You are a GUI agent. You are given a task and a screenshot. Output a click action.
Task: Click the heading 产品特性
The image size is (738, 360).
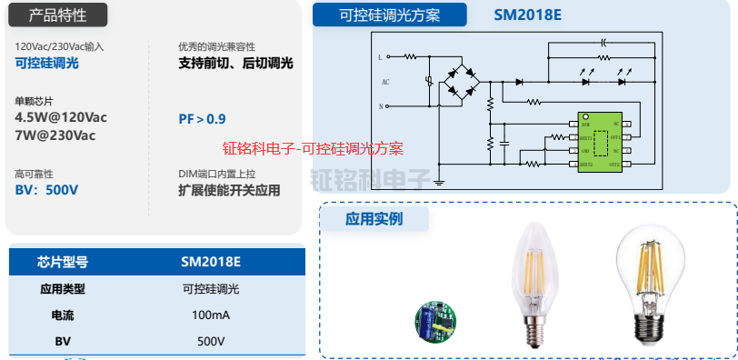tap(55, 15)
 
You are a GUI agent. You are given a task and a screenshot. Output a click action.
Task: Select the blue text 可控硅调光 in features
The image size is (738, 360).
tap(47, 63)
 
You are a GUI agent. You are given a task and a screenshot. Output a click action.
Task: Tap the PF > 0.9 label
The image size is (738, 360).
tap(202, 119)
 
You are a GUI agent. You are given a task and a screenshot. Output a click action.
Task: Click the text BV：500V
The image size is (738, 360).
tap(46, 190)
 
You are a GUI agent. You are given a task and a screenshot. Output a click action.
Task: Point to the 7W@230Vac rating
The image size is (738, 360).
tap(55, 135)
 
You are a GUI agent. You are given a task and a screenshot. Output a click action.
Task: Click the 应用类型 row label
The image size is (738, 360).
tap(63, 289)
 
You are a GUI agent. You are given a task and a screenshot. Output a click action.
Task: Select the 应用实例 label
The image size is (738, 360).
tap(374, 218)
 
